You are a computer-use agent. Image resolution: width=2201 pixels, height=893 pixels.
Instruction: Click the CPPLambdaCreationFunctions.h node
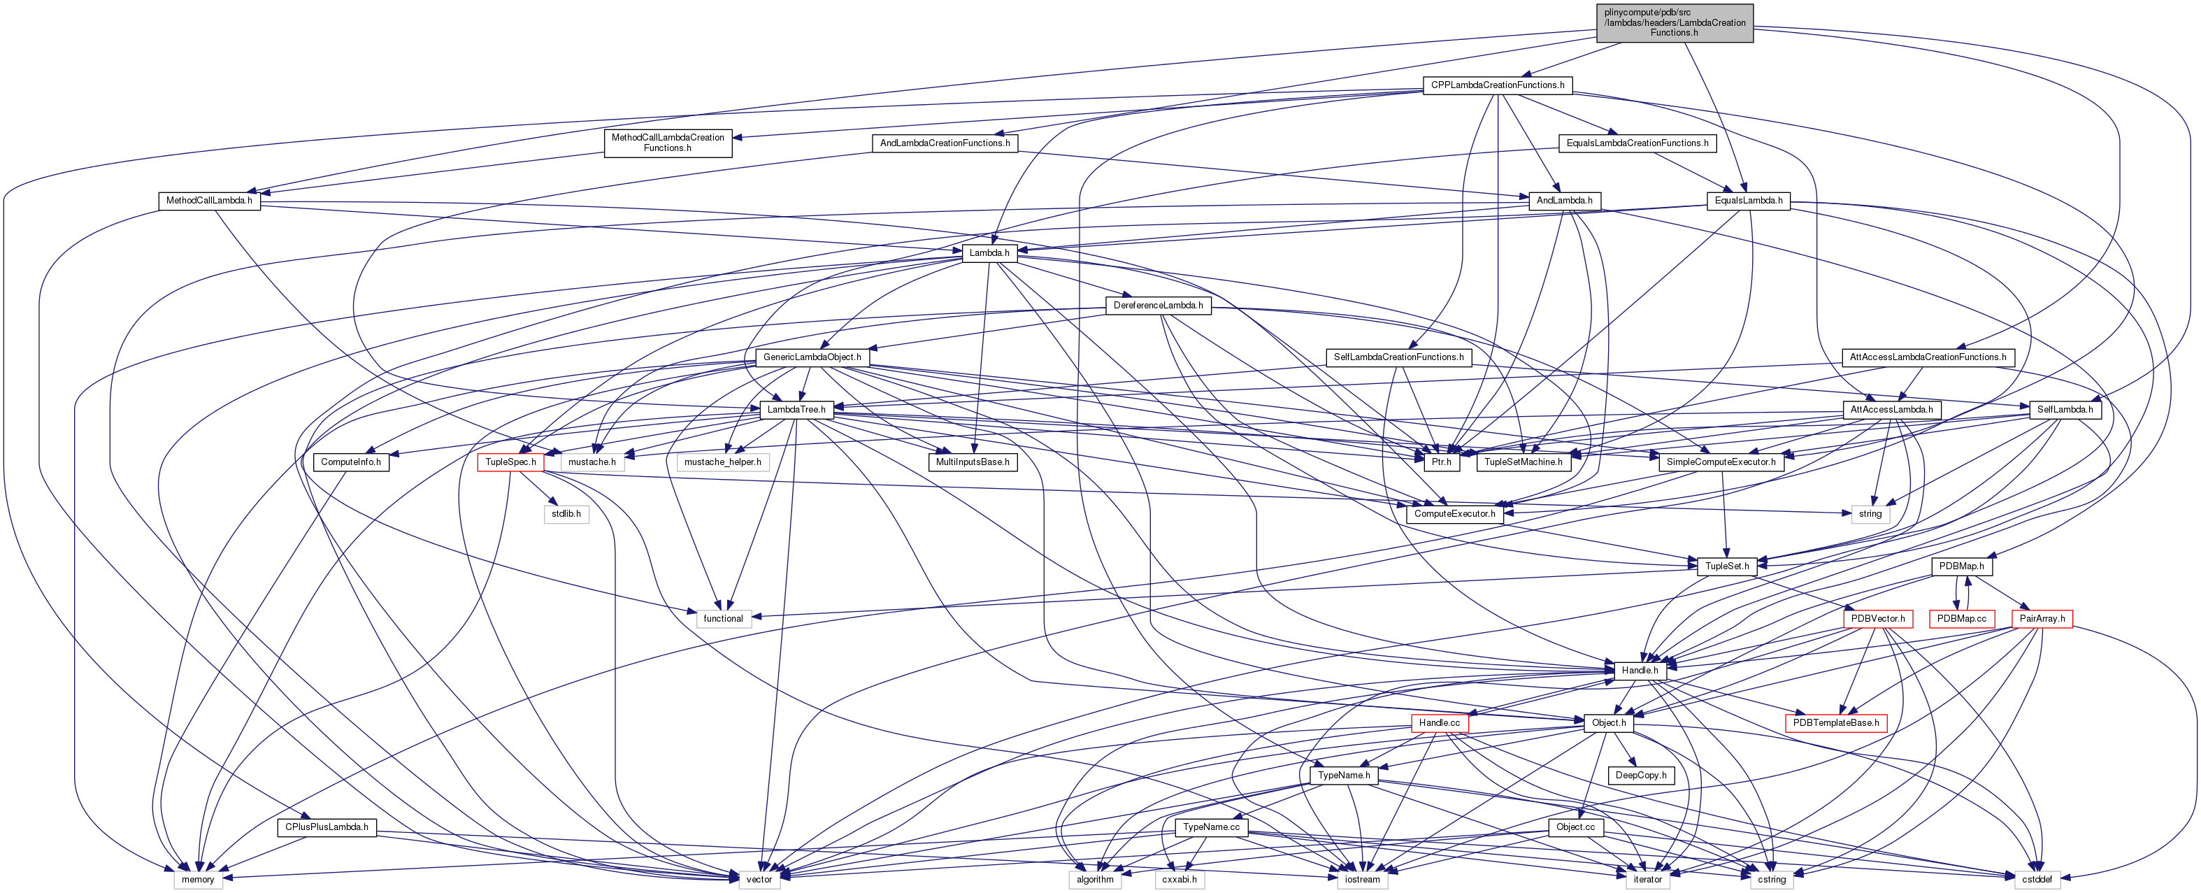point(1497,85)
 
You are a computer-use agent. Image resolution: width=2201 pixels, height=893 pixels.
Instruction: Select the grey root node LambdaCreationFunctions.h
point(1674,22)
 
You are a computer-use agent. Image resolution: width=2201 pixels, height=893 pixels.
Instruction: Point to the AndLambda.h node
point(1563,201)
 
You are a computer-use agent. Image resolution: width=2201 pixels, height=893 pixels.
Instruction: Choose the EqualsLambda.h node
point(1748,201)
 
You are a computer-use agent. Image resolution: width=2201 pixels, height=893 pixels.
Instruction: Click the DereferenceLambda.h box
point(1158,305)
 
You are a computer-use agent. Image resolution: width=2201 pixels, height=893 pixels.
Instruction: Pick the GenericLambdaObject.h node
point(812,357)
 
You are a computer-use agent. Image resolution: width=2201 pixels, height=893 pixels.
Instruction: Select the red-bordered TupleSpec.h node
point(510,462)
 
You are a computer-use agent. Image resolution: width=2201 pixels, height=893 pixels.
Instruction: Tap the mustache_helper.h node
point(722,462)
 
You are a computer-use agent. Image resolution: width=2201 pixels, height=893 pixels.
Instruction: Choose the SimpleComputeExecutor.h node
point(1721,462)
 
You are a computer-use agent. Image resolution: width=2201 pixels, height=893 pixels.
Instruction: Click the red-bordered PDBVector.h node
point(1877,619)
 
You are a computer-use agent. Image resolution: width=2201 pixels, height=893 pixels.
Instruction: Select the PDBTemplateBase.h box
point(1835,723)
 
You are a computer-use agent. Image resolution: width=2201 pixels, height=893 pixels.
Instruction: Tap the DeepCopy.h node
point(1640,775)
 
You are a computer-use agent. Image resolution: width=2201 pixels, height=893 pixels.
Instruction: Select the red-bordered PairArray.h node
point(2042,619)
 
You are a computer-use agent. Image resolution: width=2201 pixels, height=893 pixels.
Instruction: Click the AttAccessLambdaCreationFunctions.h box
point(1928,357)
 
